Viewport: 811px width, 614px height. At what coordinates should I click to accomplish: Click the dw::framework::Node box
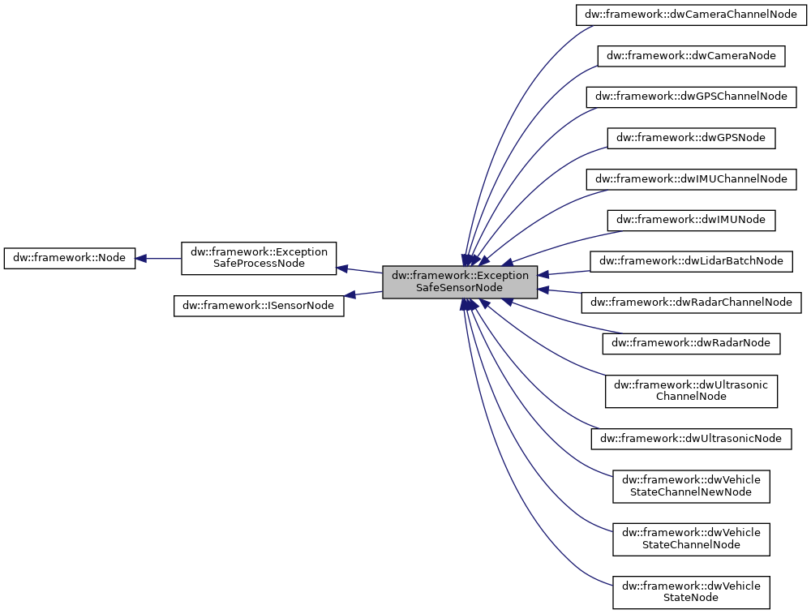point(70,258)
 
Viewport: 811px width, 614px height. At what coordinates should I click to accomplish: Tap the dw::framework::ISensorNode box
point(259,306)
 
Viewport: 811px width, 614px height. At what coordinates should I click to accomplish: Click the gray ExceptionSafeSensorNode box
point(460,281)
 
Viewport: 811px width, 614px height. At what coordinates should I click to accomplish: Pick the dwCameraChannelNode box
point(691,15)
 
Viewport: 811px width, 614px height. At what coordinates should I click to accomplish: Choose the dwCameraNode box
point(691,55)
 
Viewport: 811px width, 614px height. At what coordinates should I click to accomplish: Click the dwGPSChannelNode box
point(691,96)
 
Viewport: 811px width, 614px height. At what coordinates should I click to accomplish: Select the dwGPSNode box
point(691,137)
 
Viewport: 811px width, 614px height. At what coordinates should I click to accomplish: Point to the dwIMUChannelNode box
point(691,178)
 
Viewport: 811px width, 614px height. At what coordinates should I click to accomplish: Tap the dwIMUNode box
point(691,219)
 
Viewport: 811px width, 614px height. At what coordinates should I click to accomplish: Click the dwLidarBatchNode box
point(691,260)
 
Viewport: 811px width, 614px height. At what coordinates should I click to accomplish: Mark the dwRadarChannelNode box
point(691,302)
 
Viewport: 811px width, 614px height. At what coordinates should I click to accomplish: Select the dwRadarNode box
point(691,343)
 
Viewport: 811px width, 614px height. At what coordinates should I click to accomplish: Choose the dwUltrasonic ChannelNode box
point(691,390)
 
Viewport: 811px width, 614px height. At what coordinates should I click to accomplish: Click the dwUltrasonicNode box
point(691,438)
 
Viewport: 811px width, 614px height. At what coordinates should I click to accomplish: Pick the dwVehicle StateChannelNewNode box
point(691,485)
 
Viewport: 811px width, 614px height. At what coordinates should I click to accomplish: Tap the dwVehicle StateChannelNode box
point(691,539)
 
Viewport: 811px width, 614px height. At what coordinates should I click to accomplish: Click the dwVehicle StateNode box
point(691,592)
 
